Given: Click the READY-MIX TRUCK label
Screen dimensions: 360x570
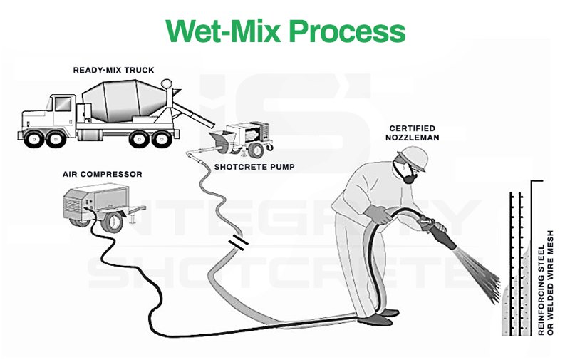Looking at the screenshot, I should pyautogui.click(x=114, y=70).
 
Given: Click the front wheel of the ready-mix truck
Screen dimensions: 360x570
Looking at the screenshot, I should pyautogui.click(x=36, y=139).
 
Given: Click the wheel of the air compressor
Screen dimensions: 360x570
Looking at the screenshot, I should pyautogui.click(x=110, y=222).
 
